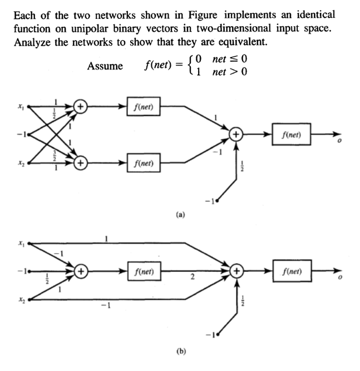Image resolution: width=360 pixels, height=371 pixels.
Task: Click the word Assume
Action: pos(105,66)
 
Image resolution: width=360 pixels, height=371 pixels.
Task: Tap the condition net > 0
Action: pos(231,72)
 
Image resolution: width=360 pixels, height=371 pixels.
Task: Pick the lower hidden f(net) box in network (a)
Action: pos(144,164)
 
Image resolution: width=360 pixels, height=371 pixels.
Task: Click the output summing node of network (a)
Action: pos(236,134)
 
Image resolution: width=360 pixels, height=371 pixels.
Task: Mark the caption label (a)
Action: pos(180,213)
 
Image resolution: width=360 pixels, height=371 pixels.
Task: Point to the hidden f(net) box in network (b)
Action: pos(144,273)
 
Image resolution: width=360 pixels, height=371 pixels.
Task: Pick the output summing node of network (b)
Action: pos(236,273)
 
